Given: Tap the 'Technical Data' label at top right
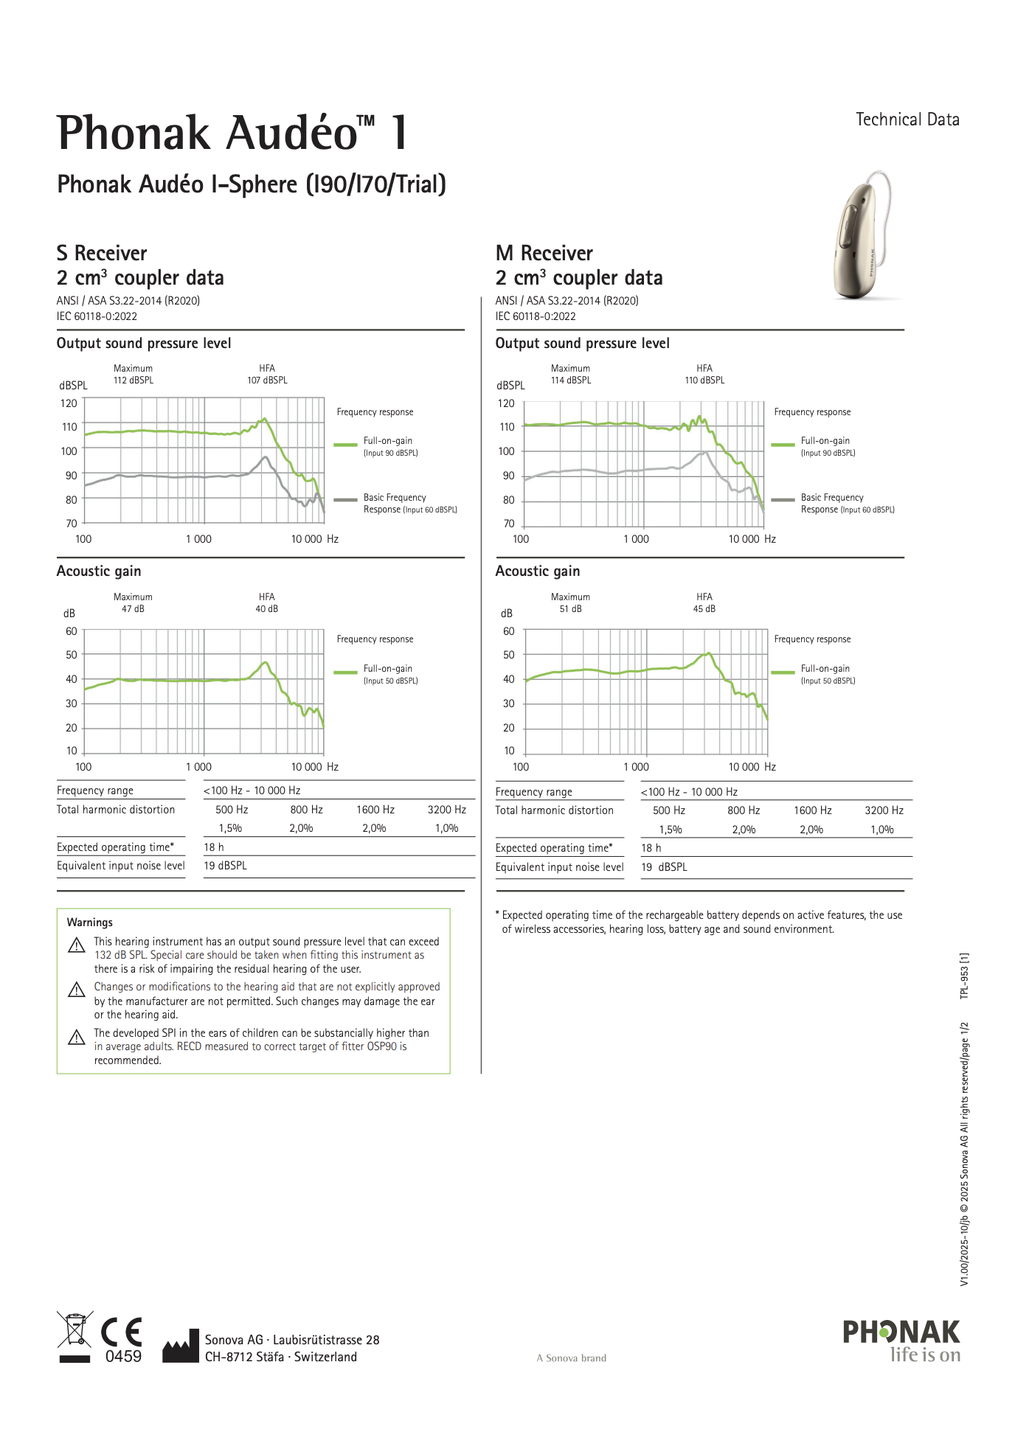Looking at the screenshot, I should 907,119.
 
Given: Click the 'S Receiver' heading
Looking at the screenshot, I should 102,253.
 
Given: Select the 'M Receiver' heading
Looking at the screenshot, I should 544,253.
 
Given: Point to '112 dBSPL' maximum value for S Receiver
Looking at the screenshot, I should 134,381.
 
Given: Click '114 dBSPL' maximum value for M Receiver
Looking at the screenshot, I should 571,381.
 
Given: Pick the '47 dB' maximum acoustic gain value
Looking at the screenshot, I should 134,609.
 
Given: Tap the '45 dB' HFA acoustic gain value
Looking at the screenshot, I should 704,609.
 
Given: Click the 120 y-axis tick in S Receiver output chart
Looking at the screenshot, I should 69,403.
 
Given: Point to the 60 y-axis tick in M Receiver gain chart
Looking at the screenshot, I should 508,631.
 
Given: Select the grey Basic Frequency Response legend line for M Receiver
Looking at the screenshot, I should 783,500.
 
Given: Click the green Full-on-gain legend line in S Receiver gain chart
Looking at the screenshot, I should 345,673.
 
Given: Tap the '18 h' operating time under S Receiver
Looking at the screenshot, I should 214,847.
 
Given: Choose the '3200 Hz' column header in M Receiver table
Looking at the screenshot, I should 884,810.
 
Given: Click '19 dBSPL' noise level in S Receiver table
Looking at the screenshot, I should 225,866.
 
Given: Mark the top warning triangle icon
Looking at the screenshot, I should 77,945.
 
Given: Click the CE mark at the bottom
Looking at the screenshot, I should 122,1332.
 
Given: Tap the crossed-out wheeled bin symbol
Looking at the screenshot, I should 75,1331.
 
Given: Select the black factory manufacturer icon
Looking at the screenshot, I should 181,1346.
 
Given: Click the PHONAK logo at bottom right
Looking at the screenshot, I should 901,1332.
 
